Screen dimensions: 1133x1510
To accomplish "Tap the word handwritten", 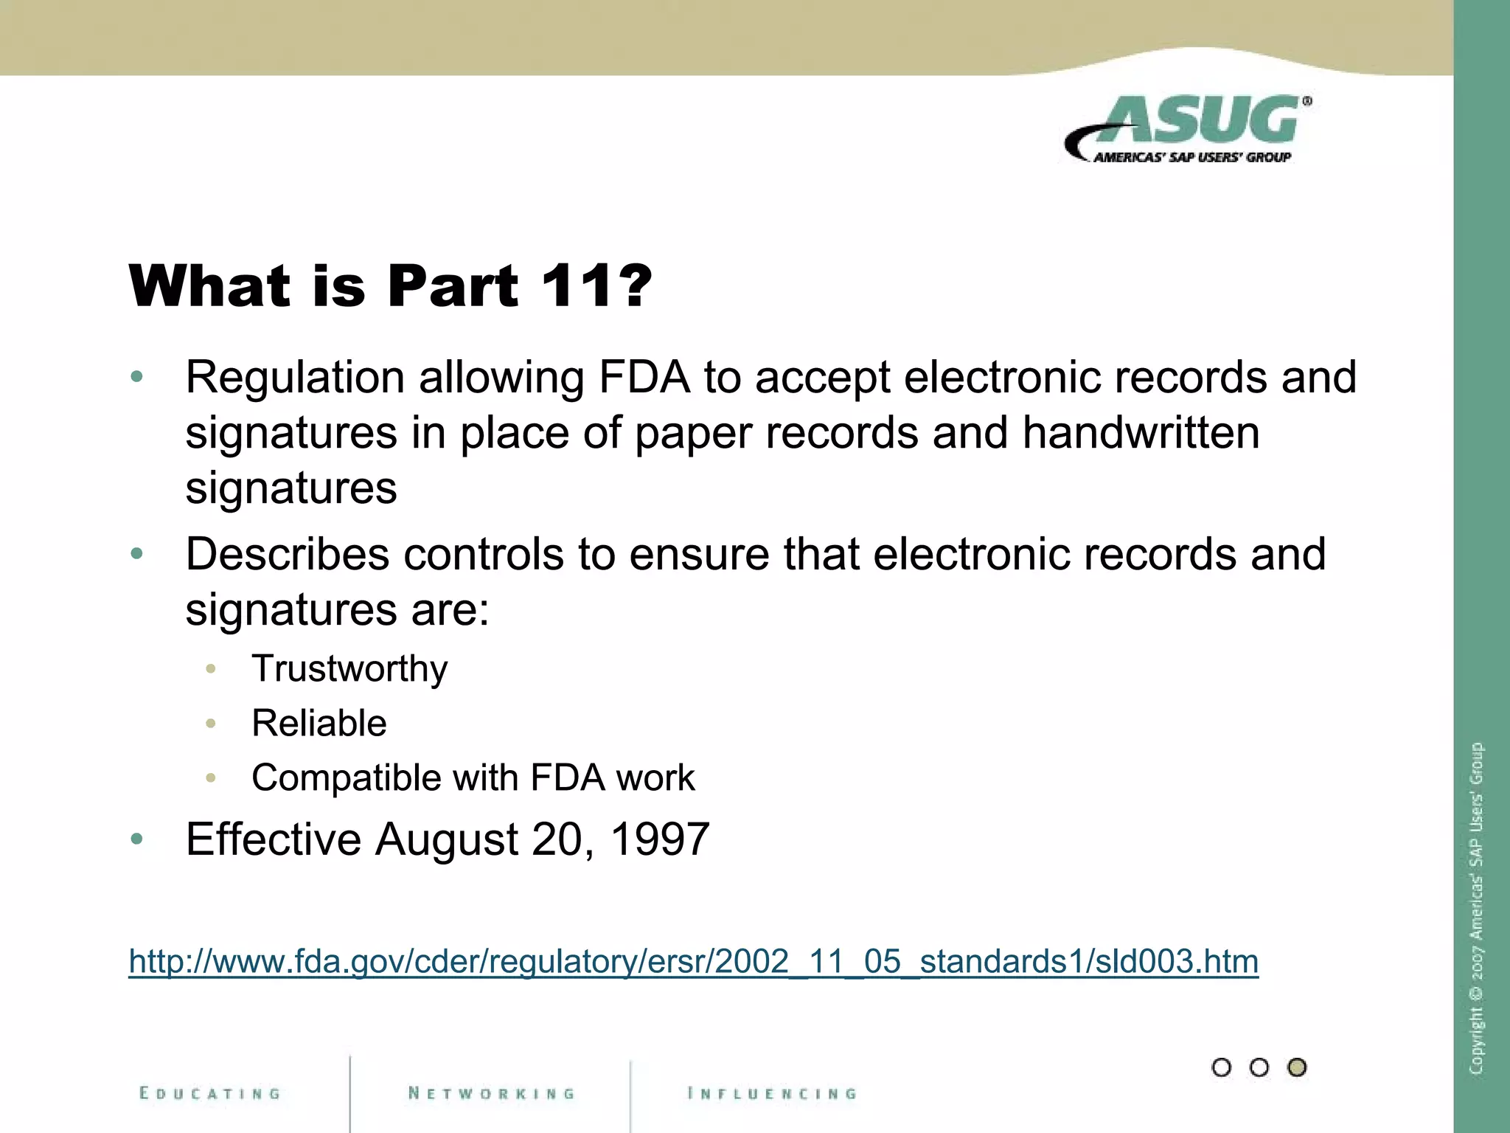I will [1141, 433].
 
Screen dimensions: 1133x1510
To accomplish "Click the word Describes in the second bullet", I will [287, 554].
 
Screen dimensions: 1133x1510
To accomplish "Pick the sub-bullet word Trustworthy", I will [349, 669].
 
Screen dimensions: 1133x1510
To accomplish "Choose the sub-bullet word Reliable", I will [319, 723].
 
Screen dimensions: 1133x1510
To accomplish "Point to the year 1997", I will [660, 839].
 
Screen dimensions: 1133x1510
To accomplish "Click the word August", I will [447, 839].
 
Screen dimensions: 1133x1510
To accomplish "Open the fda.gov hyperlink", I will [693, 961].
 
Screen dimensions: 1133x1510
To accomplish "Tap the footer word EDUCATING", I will [210, 1093].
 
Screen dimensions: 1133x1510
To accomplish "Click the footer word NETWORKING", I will [492, 1093].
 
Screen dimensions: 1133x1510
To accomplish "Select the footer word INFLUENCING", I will [772, 1093].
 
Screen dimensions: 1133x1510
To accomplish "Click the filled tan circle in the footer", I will [1297, 1067].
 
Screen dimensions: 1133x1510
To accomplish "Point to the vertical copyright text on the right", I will [1476, 907].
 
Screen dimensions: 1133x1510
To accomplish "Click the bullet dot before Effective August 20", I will [136, 839].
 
